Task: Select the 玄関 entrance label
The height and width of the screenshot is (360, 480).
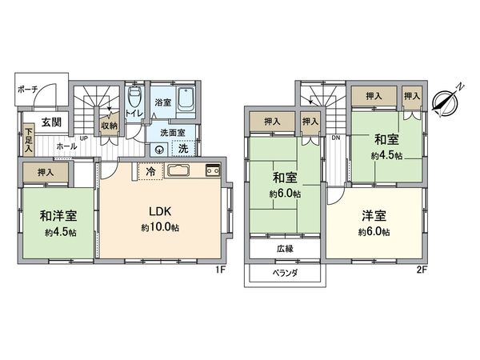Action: click(x=52, y=122)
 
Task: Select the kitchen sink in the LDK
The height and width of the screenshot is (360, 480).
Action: click(x=178, y=170)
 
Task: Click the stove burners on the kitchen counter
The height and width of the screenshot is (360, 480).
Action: click(x=212, y=170)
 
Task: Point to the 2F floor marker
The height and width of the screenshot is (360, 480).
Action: click(x=421, y=270)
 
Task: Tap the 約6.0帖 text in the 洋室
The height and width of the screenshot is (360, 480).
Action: click(x=374, y=232)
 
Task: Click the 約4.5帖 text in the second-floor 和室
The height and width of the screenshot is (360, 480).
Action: click(x=386, y=154)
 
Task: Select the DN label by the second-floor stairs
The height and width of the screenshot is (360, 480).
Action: click(x=336, y=138)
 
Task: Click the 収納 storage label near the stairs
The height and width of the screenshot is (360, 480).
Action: click(x=109, y=126)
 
